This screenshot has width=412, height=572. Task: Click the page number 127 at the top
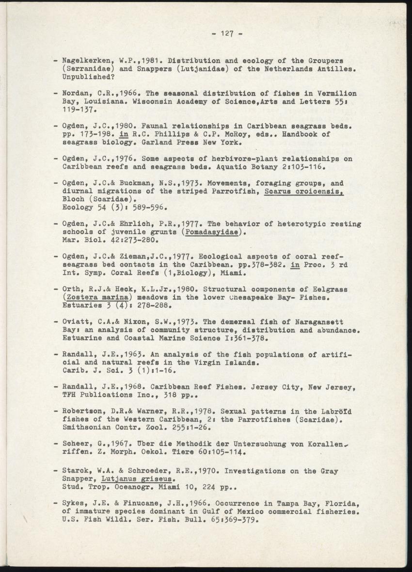[227, 33]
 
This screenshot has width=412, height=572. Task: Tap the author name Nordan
[76, 93]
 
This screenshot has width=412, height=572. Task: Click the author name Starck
[76, 471]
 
